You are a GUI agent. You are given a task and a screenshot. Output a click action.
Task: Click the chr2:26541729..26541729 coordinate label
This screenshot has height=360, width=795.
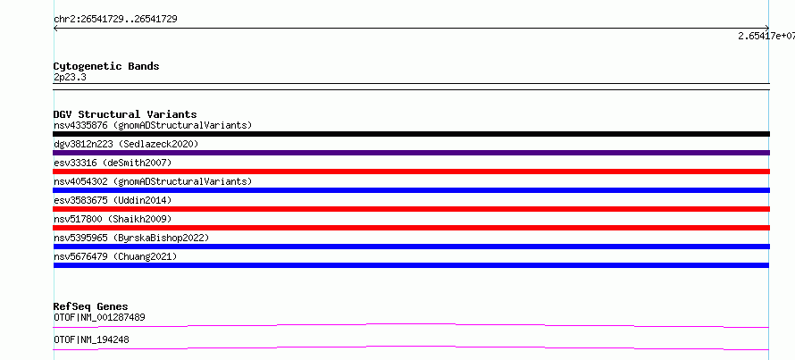coord(115,20)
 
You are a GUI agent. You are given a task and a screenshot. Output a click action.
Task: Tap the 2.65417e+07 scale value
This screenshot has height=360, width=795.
coord(766,36)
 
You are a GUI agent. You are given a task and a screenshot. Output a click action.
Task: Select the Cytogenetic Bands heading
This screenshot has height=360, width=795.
coord(106,66)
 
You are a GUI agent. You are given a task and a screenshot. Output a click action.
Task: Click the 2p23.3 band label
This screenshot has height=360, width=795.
coord(70,77)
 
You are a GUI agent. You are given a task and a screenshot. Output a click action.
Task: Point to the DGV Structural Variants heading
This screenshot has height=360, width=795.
coord(125,114)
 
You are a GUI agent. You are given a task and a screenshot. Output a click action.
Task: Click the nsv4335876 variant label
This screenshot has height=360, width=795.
coord(153,125)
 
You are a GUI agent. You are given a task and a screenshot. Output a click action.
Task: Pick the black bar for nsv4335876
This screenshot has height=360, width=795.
coord(411,134)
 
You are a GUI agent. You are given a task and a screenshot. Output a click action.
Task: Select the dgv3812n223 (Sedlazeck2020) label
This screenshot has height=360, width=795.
coord(126,144)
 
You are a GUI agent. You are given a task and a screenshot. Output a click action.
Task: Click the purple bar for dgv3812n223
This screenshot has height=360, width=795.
coord(411,153)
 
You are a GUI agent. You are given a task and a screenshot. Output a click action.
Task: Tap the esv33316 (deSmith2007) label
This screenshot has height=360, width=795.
coord(113,163)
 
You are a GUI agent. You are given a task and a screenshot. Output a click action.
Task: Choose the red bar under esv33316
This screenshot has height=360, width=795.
coord(411,172)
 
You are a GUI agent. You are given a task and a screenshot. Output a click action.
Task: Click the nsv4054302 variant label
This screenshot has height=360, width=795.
coord(153,181)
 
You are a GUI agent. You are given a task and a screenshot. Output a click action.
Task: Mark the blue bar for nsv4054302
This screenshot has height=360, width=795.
coord(411,190)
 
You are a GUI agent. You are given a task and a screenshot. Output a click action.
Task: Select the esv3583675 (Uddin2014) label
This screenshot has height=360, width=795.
coord(113,200)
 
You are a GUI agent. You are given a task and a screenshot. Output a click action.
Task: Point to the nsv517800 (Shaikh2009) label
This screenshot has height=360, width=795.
coord(113,219)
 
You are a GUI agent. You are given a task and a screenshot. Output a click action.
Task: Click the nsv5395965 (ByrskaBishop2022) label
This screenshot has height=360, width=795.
coord(131,238)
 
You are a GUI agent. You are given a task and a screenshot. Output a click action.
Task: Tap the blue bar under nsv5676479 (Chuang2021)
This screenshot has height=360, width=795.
coord(411,265)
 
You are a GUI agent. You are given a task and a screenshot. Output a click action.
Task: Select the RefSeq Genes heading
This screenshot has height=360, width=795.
coord(91,306)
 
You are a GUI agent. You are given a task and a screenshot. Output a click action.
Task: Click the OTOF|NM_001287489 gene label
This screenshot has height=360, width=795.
coord(99,317)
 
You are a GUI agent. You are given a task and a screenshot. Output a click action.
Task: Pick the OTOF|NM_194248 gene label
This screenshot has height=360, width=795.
coord(91,339)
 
